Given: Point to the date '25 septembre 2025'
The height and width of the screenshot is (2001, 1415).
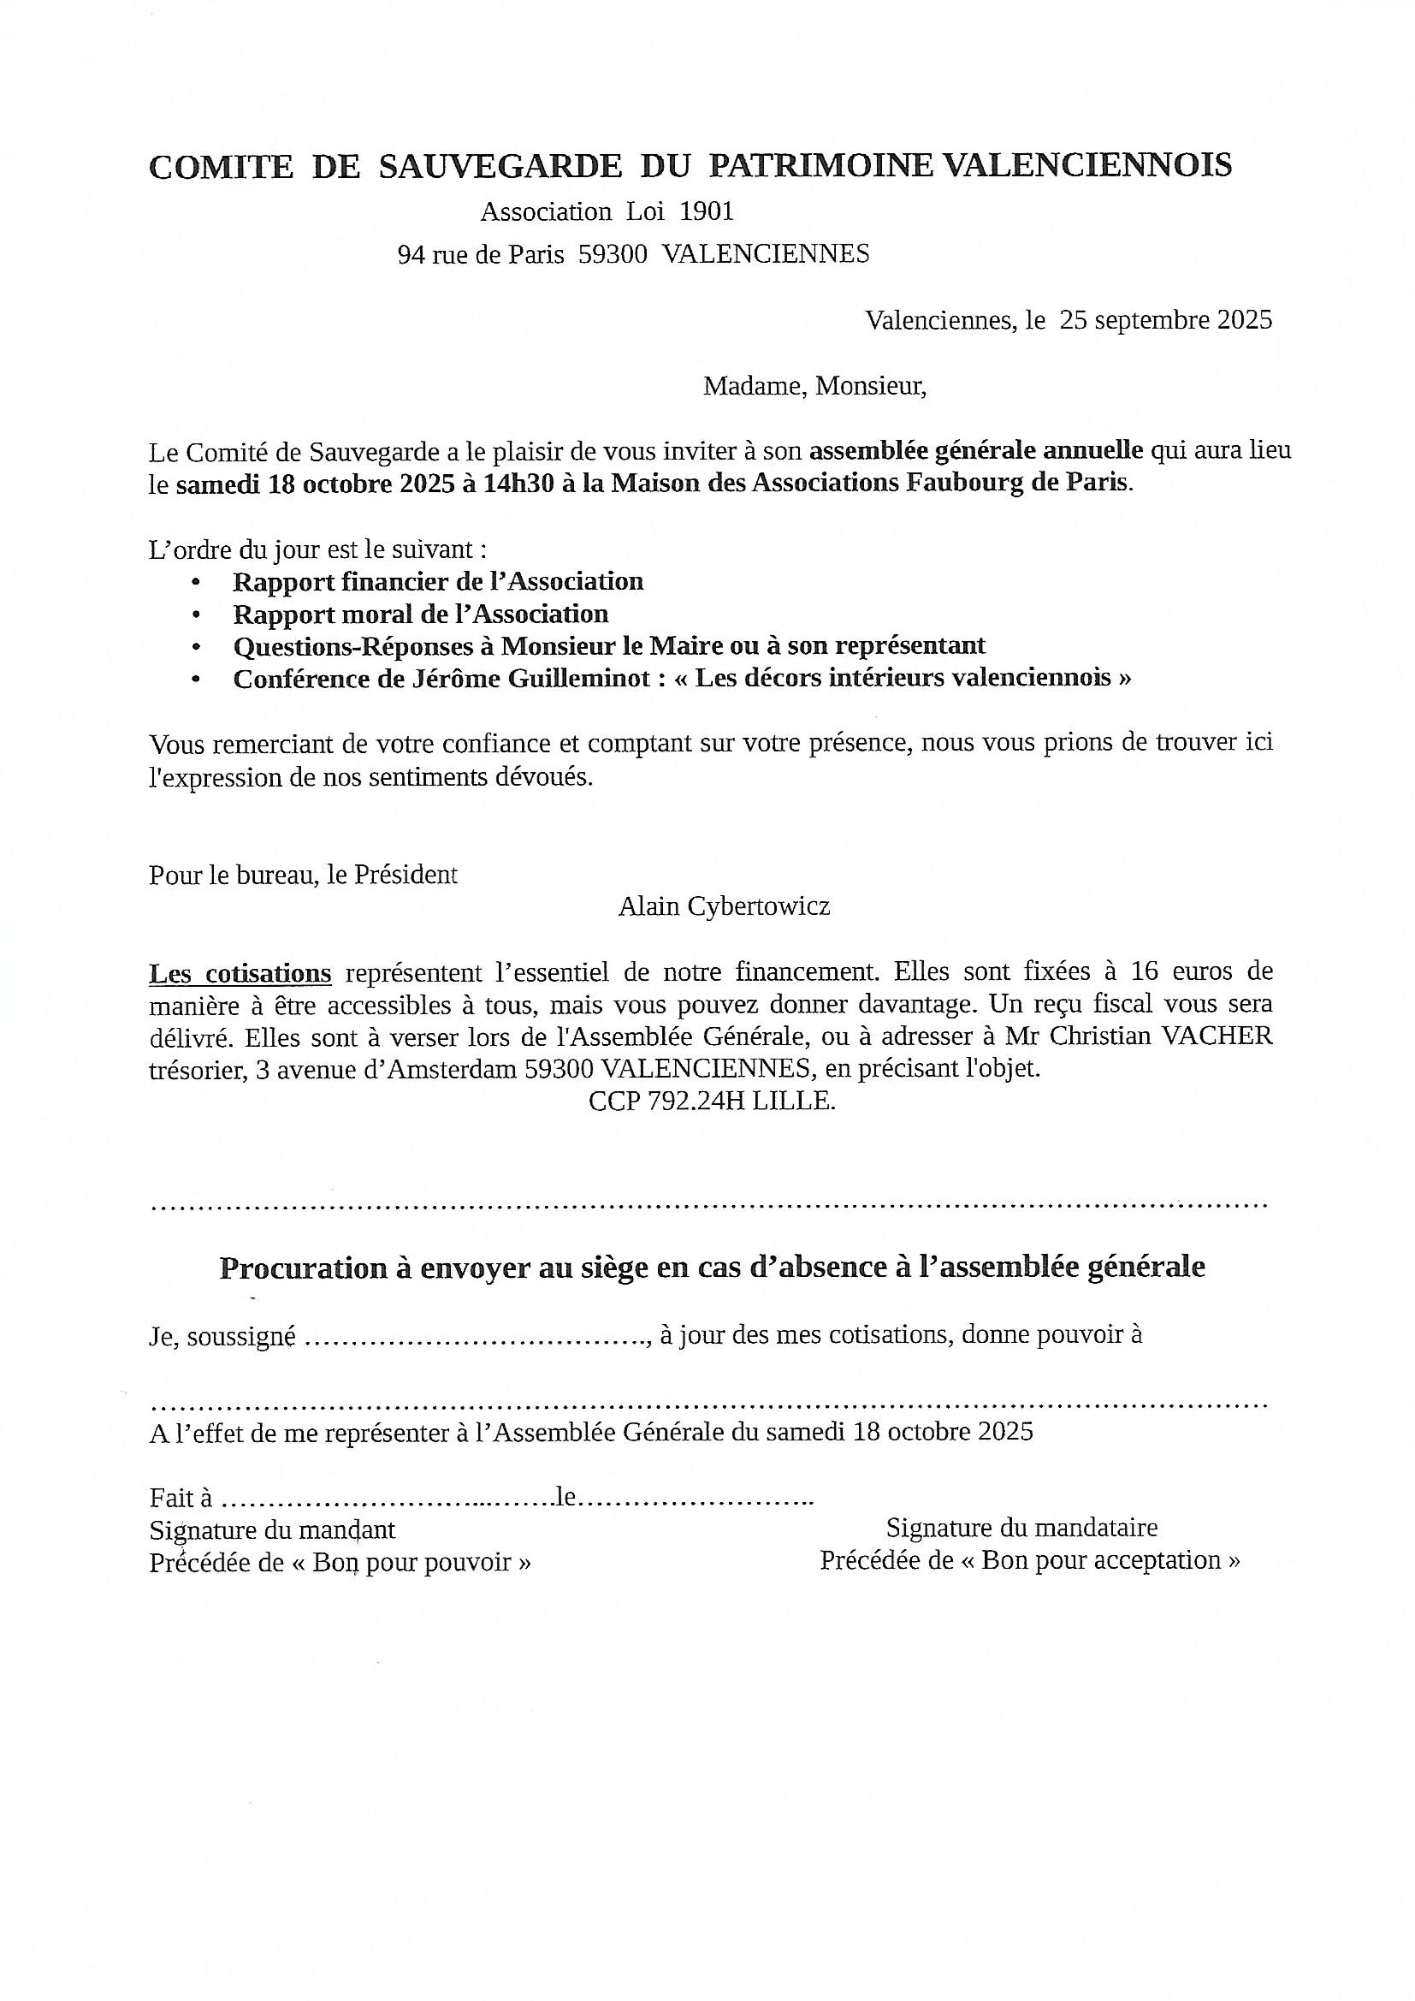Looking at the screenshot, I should tap(1165, 320).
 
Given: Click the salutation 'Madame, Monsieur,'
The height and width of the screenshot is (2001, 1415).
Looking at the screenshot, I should tap(814, 385).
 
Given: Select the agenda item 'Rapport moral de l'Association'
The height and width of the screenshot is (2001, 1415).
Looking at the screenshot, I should tap(420, 615).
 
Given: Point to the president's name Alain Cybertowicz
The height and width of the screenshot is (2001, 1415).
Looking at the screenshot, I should tap(723, 907).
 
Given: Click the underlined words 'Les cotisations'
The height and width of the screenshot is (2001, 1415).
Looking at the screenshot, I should tap(240, 972).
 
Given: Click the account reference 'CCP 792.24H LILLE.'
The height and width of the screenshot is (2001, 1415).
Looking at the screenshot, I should tap(712, 1101).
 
